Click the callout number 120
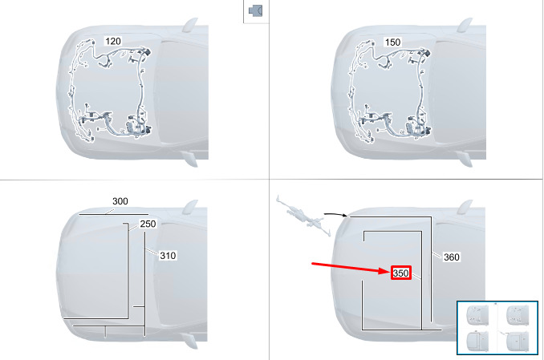[x=113, y=41]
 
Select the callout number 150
[x=392, y=42]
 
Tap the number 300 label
[x=120, y=201]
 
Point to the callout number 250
[x=148, y=224]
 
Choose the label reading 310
[x=168, y=256]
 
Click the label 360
[x=452, y=257]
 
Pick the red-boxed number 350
[x=400, y=273]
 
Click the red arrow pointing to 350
[x=351, y=268]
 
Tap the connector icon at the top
[x=256, y=10]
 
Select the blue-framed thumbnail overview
[x=497, y=328]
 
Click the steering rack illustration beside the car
[x=302, y=216]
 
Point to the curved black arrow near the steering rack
[x=335, y=215]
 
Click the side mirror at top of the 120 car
[x=190, y=26]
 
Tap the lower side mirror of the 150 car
[x=465, y=159]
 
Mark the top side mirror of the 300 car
[x=190, y=207]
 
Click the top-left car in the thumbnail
[x=477, y=315]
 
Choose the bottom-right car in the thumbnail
[x=517, y=342]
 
